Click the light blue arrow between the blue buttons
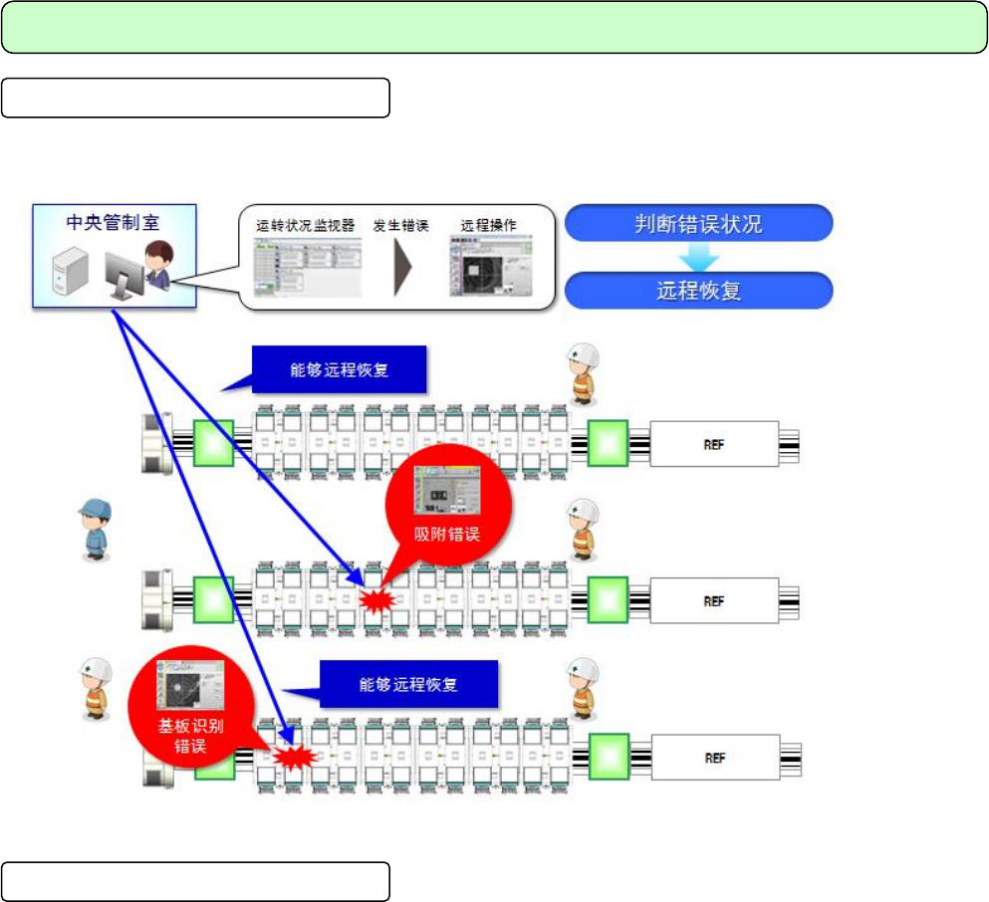698,258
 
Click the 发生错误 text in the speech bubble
400,226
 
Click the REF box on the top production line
713,443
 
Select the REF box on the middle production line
713,601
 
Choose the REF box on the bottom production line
713,758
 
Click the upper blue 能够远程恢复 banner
340,370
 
